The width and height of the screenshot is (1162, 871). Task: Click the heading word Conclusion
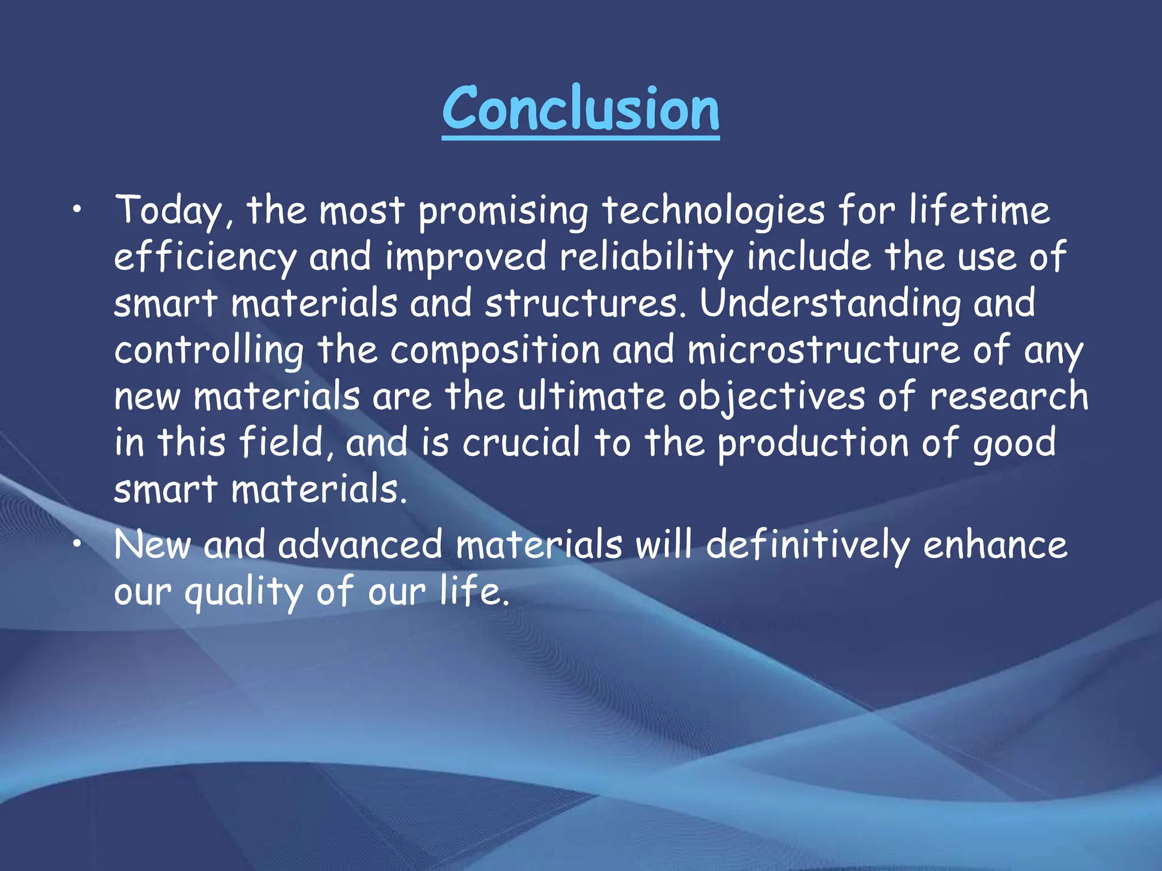[x=580, y=109]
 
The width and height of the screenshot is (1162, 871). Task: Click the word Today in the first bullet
[x=169, y=211]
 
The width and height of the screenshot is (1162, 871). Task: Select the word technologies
[x=713, y=211]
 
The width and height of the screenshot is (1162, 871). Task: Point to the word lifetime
[x=979, y=210]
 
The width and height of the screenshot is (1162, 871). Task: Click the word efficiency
[x=205, y=257]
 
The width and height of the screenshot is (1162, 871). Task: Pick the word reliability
[x=646, y=257]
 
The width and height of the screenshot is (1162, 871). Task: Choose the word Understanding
[x=830, y=304]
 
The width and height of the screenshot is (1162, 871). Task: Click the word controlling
[x=209, y=350]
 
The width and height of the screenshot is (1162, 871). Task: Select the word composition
[x=495, y=350]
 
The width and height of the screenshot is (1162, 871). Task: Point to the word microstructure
[x=823, y=350]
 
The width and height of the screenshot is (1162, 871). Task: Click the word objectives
[x=772, y=397]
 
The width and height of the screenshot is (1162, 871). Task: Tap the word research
[x=1009, y=396]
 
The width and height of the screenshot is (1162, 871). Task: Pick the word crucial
[x=521, y=442]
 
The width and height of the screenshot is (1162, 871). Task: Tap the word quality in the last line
[x=244, y=593]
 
